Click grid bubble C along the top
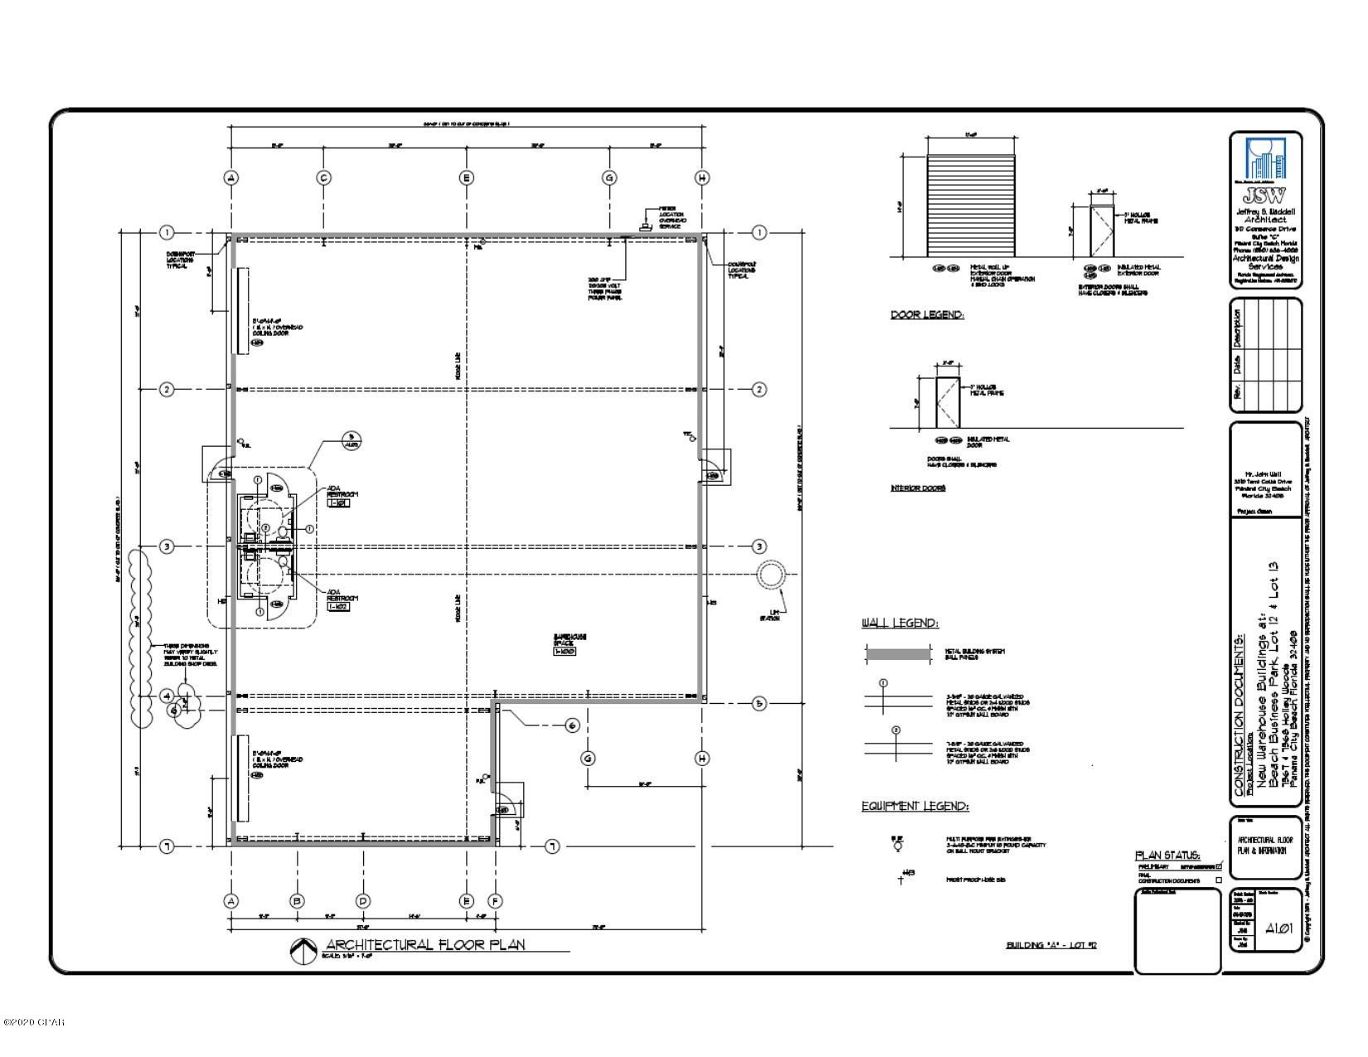[x=324, y=177]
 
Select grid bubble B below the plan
[x=297, y=901]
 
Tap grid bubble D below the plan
[x=362, y=901]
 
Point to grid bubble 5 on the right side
[x=759, y=703]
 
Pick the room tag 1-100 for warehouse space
[x=565, y=652]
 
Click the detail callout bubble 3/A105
[x=352, y=440]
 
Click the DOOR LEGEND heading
[x=927, y=315]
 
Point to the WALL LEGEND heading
[x=900, y=623]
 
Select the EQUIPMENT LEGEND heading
[x=914, y=806]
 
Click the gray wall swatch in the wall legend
[x=897, y=654]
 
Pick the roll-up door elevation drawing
[x=971, y=205]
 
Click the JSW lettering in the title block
[x=1264, y=196]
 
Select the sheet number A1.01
[x=1280, y=928]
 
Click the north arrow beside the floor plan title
[x=303, y=951]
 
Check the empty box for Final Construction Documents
[x=1218, y=880]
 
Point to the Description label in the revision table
[x=1237, y=328]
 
